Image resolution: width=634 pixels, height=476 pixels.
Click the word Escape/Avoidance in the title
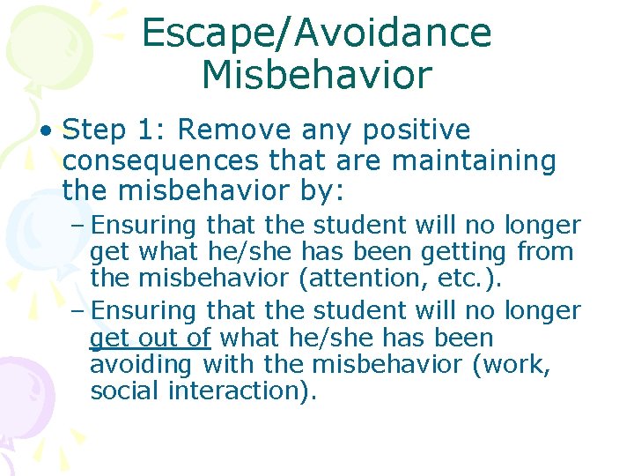point(316,33)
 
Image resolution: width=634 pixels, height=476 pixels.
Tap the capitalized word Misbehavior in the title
point(316,76)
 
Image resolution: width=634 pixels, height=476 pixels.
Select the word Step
point(94,130)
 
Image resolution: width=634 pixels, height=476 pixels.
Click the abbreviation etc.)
point(478,279)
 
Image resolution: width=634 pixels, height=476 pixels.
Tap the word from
point(545,252)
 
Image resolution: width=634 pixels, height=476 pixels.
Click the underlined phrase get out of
point(151,338)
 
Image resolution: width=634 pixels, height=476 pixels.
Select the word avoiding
point(144,364)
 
